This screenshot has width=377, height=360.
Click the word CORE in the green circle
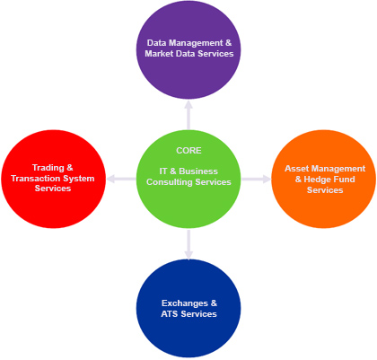tap(188, 150)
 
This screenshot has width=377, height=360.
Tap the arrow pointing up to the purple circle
tap(188, 116)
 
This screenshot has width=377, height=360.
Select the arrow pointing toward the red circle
tap(121, 179)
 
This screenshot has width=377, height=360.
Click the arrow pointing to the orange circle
tap(256, 179)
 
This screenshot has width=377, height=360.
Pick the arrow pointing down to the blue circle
tap(188, 244)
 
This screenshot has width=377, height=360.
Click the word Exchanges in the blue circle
tap(185, 303)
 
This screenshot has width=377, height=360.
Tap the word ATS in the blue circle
tap(170, 314)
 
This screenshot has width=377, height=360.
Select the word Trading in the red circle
tap(48, 168)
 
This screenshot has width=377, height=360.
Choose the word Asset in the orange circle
tap(297, 169)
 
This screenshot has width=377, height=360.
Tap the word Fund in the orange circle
tap(343, 180)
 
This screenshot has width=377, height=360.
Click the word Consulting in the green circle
tap(170, 182)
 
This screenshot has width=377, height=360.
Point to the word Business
tap(198, 171)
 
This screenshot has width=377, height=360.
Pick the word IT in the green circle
tap(163, 171)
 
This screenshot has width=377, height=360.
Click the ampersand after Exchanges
tap(214, 303)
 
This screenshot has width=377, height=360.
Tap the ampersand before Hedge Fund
tap(298, 180)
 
